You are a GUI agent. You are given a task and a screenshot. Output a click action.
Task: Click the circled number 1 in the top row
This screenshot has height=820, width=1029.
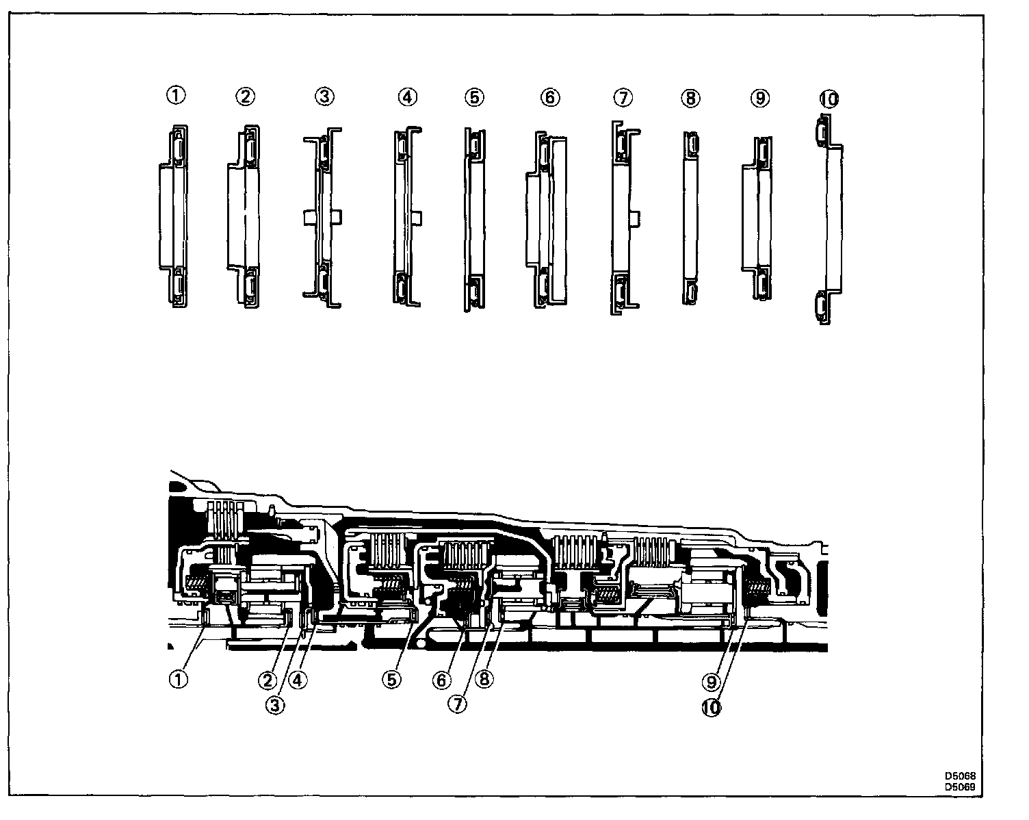(x=176, y=96)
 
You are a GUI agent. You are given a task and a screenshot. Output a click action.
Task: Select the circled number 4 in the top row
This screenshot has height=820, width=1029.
(x=406, y=97)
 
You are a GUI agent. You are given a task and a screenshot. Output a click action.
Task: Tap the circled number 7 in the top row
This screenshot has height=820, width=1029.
(x=622, y=97)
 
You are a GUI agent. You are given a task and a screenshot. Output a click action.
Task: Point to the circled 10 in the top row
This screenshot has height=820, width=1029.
(x=829, y=99)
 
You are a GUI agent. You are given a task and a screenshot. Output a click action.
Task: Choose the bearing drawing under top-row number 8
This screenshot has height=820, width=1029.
(x=690, y=217)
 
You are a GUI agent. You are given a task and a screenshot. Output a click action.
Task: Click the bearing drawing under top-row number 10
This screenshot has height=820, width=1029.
(x=828, y=219)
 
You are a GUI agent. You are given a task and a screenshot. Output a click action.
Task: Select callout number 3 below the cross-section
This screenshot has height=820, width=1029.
(x=275, y=706)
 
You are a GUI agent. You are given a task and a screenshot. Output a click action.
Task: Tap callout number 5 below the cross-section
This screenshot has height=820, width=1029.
(x=391, y=679)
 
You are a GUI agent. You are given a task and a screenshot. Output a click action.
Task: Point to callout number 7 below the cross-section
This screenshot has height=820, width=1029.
(x=458, y=704)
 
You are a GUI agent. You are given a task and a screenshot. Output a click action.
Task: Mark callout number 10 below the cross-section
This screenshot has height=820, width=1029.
(x=712, y=709)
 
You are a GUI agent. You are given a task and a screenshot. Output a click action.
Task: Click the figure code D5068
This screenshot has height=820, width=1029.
(x=960, y=776)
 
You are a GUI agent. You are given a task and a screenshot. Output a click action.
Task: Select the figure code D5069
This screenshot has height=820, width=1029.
(x=960, y=786)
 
